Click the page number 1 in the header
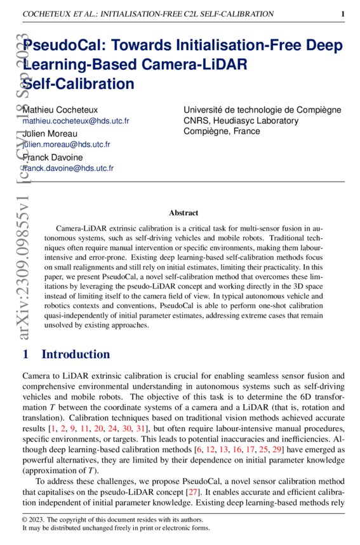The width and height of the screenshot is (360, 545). pos(342,13)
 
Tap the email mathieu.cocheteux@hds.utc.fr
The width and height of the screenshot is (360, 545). pos(76,121)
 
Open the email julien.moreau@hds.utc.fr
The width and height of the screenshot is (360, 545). pos(66,145)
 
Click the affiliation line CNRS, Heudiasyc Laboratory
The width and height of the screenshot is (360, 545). pos(241,121)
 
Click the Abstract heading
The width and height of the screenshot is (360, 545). pos(183,213)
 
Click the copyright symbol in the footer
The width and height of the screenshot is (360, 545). pos(25,519)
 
